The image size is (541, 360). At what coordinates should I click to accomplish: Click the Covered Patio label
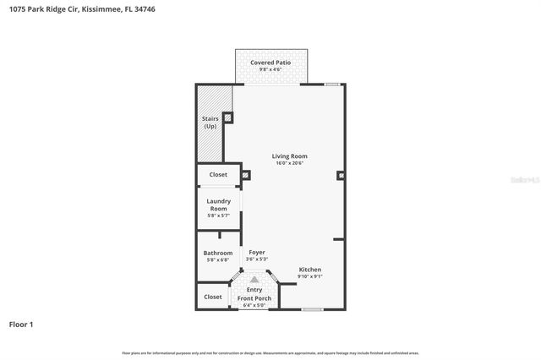pyautogui.click(x=270, y=63)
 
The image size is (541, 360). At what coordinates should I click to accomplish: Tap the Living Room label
pyautogui.click(x=289, y=155)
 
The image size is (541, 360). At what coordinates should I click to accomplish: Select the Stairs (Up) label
pyautogui.click(x=210, y=122)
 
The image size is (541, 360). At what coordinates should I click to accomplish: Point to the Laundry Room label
pyautogui.click(x=218, y=205)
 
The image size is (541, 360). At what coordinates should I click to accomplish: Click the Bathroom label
pyautogui.click(x=217, y=253)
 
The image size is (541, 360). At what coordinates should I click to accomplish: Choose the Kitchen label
pyautogui.click(x=309, y=270)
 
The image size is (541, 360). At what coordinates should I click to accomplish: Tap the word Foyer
pyautogui.click(x=256, y=252)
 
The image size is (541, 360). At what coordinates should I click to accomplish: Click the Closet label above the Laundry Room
pyautogui.click(x=218, y=174)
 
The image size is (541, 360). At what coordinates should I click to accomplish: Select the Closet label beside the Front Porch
pyautogui.click(x=213, y=297)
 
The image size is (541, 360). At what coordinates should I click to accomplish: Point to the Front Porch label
pyautogui.click(x=254, y=298)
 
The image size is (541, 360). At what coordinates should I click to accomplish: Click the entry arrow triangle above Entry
pyautogui.click(x=254, y=277)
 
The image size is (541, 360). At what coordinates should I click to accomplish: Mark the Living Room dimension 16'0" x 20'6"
pyautogui.click(x=289, y=163)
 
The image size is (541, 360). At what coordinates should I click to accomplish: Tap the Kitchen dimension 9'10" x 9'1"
pyautogui.click(x=309, y=276)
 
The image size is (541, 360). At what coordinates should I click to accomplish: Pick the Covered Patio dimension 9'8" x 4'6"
pyautogui.click(x=270, y=69)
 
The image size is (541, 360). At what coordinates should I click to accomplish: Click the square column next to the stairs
pyautogui.click(x=227, y=117)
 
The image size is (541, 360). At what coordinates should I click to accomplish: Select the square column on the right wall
pyautogui.click(x=340, y=176)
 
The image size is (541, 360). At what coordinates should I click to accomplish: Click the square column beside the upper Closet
pyautogui.click(x=245, y=176)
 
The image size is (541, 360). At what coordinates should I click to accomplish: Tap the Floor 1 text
pyautogui.click(x=21, y=324)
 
